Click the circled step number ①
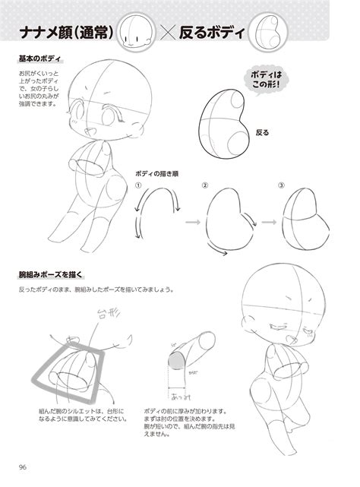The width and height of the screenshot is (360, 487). tap(139, 185)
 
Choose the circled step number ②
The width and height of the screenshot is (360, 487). tap(204, 185)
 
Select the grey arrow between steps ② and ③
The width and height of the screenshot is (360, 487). tap(267, 223)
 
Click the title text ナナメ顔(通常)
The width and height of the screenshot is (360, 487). tap(67, 33)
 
